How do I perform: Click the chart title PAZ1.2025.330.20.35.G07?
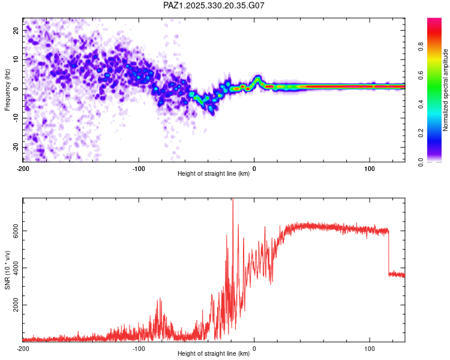click(x=214, y=5)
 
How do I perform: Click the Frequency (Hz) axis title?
click(x=7, y=89)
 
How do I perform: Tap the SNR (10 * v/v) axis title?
click(x=7, y=269)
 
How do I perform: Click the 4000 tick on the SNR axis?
click(x=14, y=268)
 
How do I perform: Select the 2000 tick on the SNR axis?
click(x=14, y=305)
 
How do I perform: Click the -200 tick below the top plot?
click(x=23, y=167)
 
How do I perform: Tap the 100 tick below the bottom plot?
click(x=370, y=348)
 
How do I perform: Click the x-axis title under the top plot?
click(x=214, y=173)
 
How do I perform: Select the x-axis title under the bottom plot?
click(x=214, y=354)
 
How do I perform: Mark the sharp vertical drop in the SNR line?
click(x=388, y=252)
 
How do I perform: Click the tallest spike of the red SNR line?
click(x=232, y=201)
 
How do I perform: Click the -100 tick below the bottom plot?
click(x=139, y=348)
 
